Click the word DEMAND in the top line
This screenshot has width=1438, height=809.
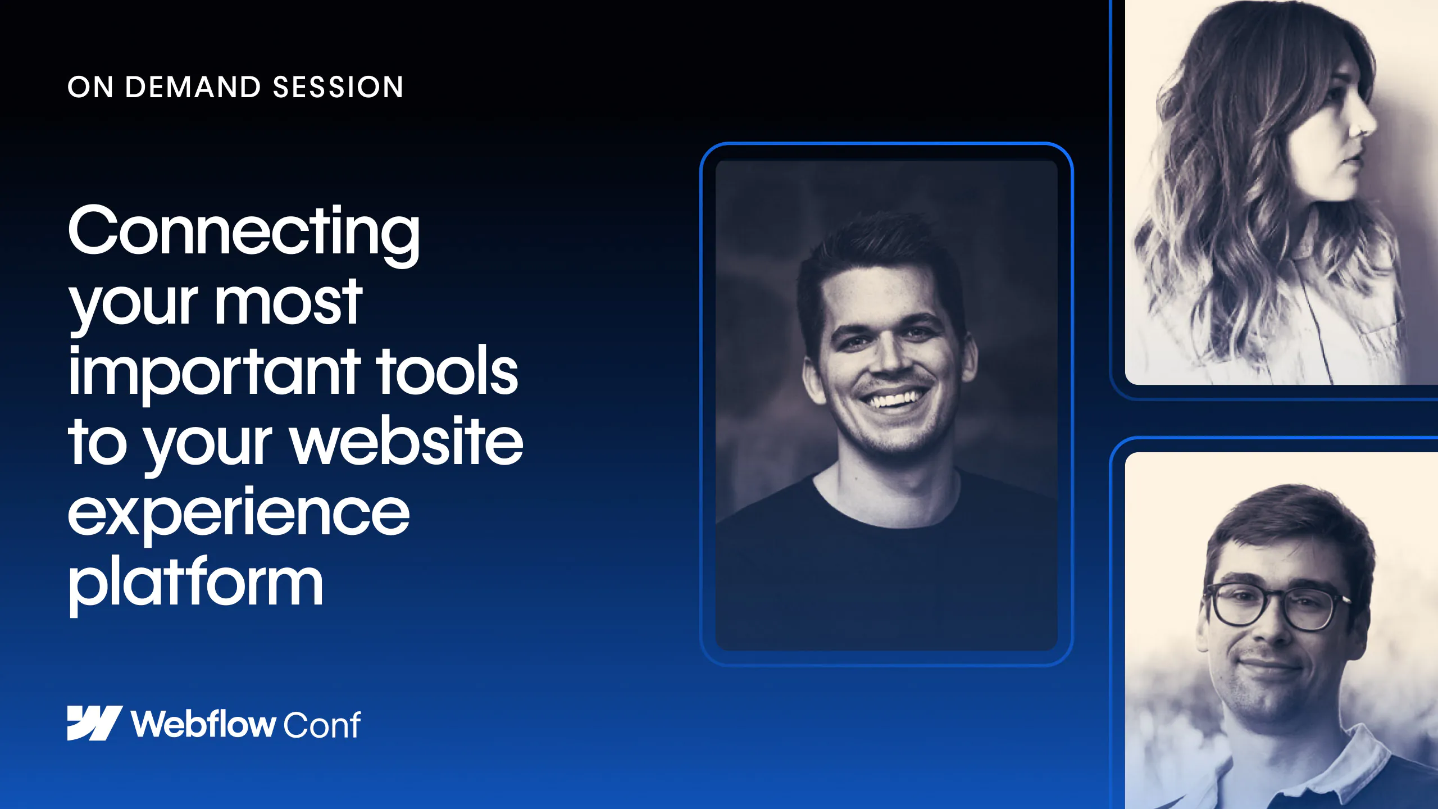tap(193, 88)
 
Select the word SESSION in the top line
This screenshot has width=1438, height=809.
tap(338, 88)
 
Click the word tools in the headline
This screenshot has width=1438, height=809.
tap(447, 371)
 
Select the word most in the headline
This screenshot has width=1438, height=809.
tap(289, 303)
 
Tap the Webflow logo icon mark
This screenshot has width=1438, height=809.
tap(94, 723)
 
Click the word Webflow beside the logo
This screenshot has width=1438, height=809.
tap(203, 724)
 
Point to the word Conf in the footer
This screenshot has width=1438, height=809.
tap(322, 725)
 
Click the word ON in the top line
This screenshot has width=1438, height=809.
tap(90, 88)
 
